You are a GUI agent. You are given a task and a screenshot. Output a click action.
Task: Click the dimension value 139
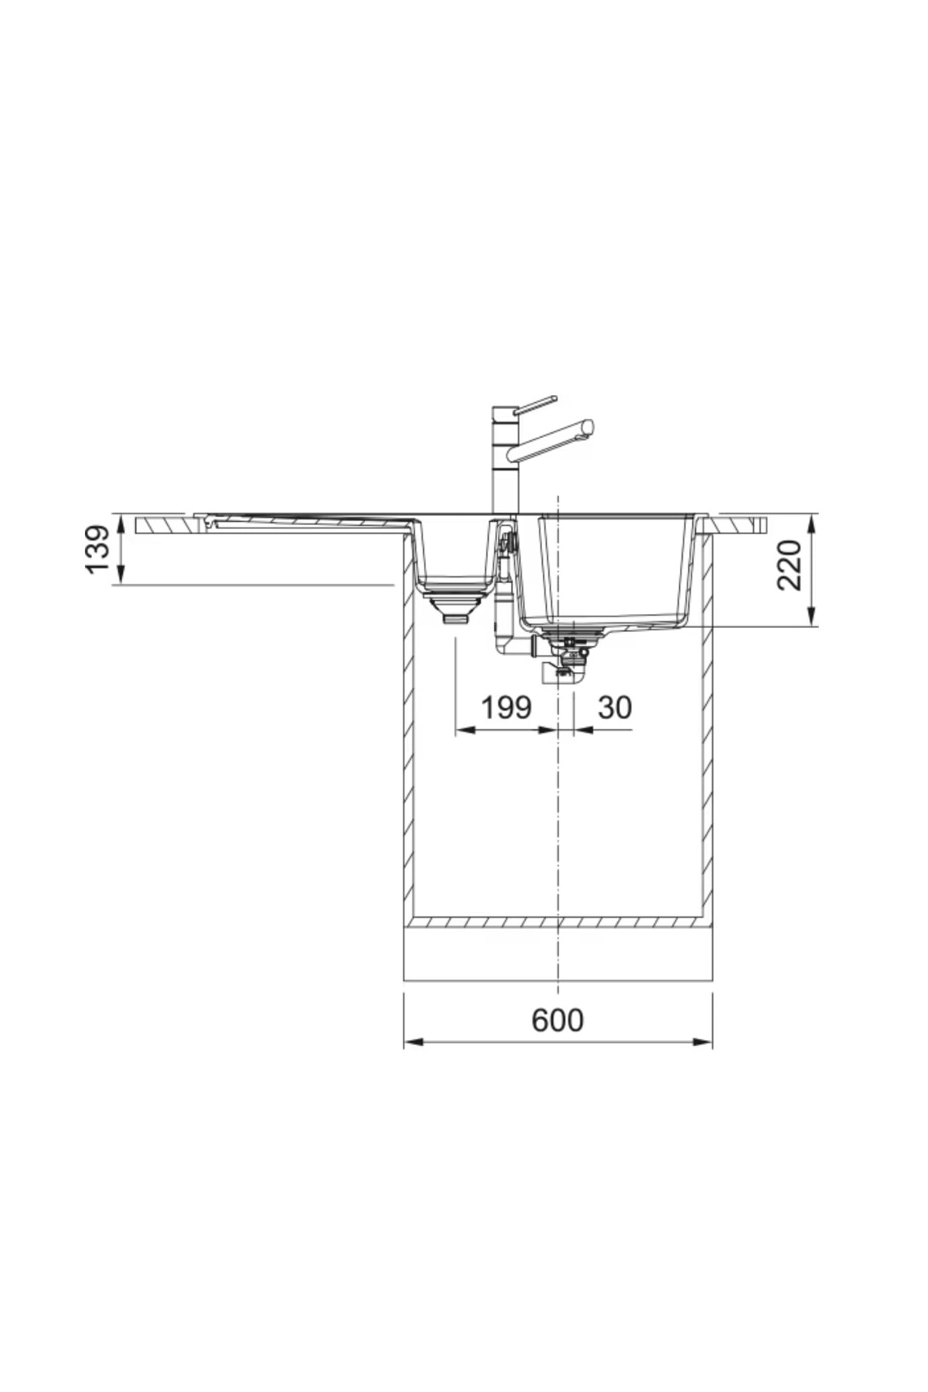(x=98, y=550)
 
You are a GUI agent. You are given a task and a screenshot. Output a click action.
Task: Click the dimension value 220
(x=789, y=565)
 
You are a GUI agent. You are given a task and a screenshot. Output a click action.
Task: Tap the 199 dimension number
(x=507, y=707)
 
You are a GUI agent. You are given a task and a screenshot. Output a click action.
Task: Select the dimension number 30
(x=615, y=707)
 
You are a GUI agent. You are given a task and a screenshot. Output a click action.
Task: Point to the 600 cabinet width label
(x=558, y=1020)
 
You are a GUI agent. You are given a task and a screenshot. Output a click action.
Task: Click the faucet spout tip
(x=589, y=427)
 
